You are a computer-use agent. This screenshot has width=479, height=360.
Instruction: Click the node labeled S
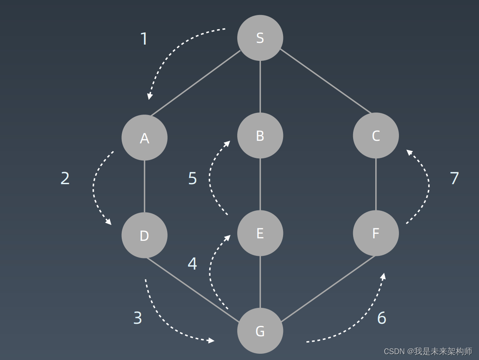point(260,38)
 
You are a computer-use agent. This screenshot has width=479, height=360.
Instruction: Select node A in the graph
point(144,137)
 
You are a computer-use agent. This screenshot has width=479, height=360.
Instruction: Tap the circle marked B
point(260,135)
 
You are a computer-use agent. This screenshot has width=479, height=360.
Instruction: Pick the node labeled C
point(376,135)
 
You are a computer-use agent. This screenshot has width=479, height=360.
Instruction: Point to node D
point(144,235)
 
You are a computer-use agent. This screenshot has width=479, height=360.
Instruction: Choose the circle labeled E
point(260,233)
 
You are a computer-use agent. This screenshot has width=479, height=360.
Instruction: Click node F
point(376,233)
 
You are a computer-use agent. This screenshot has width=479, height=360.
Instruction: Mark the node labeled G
point(260,331)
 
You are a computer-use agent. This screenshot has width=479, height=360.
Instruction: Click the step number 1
point(144,39)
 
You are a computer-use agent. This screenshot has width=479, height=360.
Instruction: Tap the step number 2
point(65,178)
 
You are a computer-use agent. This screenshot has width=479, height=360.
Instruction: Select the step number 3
point(138,318)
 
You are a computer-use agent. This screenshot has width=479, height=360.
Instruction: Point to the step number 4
point(192,264)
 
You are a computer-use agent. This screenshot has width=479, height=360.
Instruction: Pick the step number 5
point(192,178)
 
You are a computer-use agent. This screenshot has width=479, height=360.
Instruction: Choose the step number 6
point(381,318)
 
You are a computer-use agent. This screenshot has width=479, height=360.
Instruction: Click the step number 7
point(454,178)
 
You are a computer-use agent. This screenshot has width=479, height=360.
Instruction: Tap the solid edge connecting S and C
point(325,81)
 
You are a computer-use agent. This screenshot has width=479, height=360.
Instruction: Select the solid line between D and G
point(193,290)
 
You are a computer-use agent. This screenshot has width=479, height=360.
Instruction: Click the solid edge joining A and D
point(144,186)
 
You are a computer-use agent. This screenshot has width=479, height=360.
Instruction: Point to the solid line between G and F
point(327,289)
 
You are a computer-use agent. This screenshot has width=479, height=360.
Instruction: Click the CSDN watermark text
point(428,351)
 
